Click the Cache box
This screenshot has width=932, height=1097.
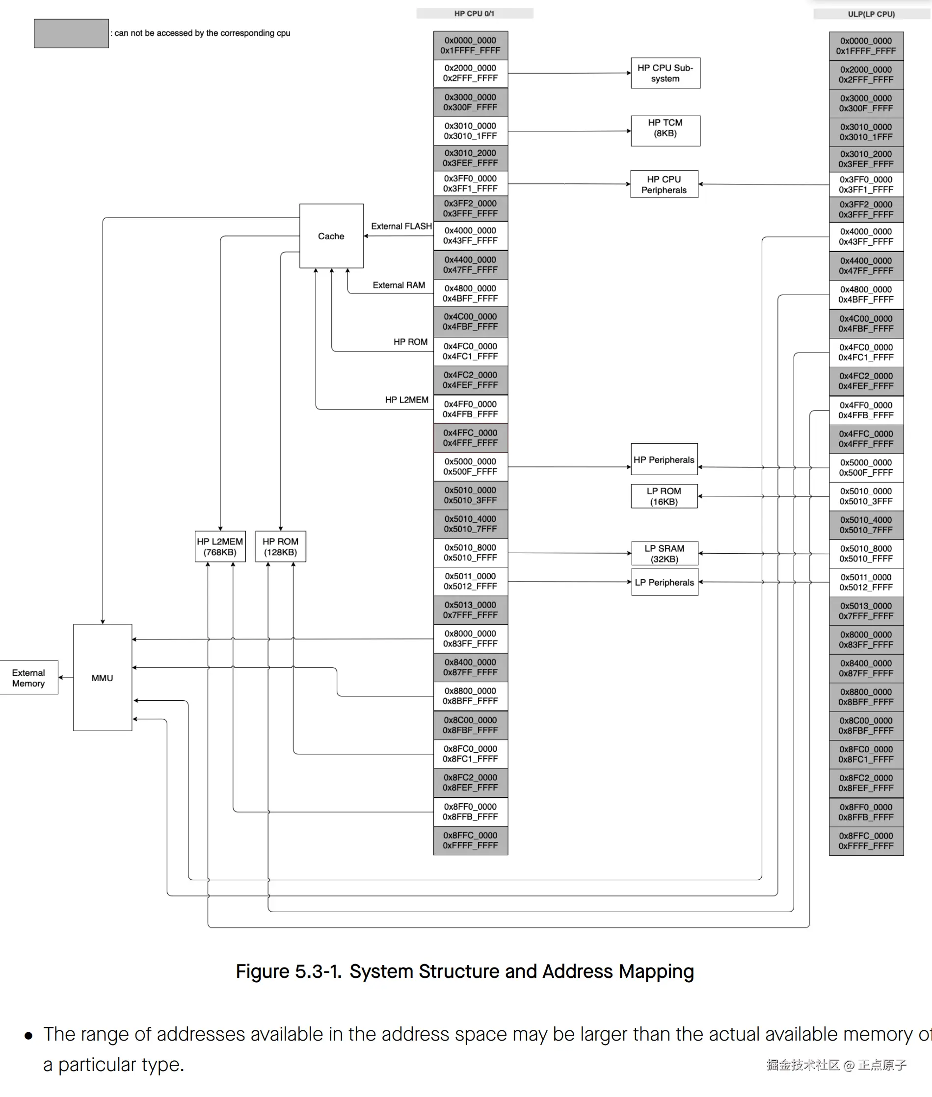pos(331,236)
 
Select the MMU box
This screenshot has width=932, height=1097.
pos(103,677)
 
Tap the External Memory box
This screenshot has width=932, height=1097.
pos(28,677)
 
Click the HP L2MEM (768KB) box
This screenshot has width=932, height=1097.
pos(220,546)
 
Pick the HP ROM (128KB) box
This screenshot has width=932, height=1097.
pos(280,546)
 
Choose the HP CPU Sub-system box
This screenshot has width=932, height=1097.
pos(665,73)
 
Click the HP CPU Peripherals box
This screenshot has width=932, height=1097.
pos(664,184)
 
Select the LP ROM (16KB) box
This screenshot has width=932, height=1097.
pos(664,496)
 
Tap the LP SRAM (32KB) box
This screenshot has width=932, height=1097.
pos(664,553)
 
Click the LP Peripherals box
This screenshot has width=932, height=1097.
pos(664,582)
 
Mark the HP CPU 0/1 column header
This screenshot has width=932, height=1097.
pos(475,13)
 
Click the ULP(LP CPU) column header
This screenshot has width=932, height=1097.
pos(871,14)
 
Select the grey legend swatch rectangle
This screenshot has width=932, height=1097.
pos(71,33)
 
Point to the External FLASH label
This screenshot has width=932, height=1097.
pos(401,226)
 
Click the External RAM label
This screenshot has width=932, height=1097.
pos(399,285)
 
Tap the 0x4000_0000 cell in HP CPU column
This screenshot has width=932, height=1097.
pos(470,235)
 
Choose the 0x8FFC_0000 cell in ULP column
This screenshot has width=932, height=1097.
pos(866,841)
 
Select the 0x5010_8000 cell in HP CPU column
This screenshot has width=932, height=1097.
pos(470,552)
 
